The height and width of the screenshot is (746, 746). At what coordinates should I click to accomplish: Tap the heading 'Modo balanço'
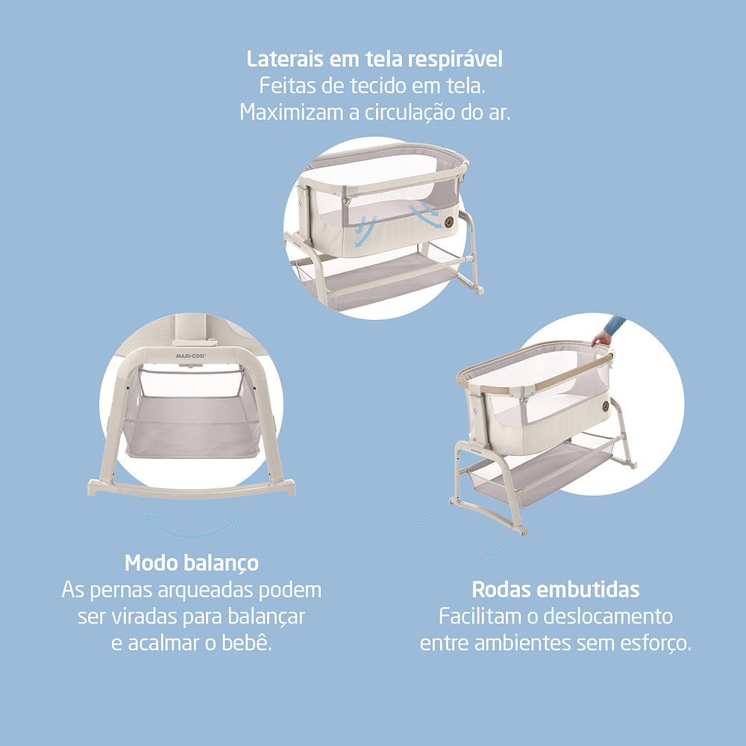pos(192,562)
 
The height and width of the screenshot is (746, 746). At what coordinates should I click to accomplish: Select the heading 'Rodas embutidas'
pos(556,589)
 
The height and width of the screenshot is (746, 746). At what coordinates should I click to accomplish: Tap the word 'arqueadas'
pos(204,589)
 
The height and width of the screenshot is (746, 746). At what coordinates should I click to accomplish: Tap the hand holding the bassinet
pos(601,338)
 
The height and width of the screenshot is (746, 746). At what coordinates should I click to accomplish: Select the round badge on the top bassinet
pos(449,222)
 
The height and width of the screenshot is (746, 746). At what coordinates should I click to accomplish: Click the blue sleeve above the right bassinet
pos(615,325)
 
